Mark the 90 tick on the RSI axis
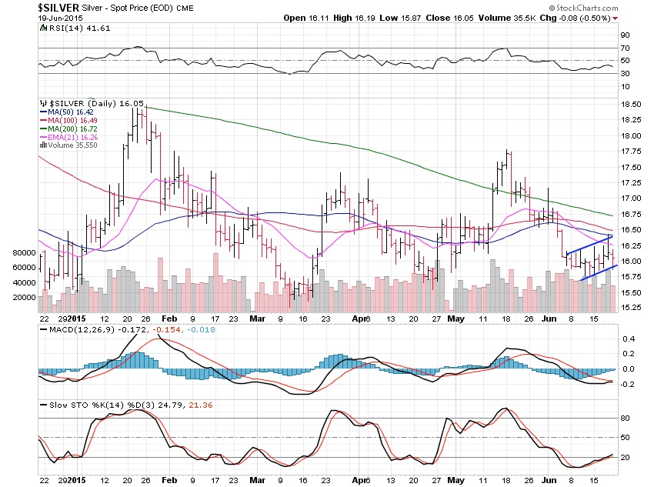626,35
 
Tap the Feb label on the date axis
169,319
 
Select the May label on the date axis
457,319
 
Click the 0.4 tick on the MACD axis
628,339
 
